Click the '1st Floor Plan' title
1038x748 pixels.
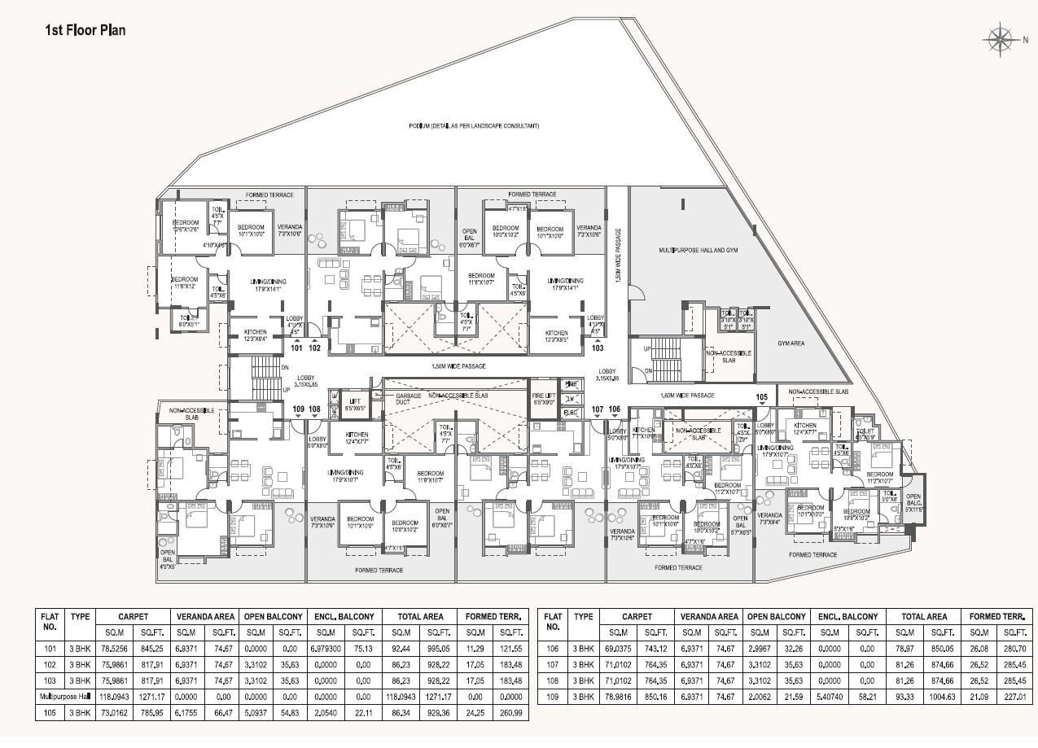click(85, 31)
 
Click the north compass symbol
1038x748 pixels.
click(999, 39)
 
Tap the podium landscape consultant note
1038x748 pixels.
click(474, 126)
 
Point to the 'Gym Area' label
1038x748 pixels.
click(790, 343)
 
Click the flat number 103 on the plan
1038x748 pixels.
click(598, 348)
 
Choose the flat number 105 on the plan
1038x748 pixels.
click(762, 397)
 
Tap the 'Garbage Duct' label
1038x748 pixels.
click(409, 399)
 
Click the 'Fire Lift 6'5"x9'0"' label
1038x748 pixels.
click(544, 399)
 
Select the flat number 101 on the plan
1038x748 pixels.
click(296, 348)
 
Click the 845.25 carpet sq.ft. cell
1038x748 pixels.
click(151, 649)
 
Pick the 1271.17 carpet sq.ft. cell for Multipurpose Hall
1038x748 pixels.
click(151, 697)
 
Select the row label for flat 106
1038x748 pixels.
click(553, 649)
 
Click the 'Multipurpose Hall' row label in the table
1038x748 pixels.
click(64, 697)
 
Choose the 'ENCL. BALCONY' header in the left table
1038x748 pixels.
click(343, 617)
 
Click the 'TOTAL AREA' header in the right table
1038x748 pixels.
click(924, 617)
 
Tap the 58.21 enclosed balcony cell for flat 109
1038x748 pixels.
click(867, 697)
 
